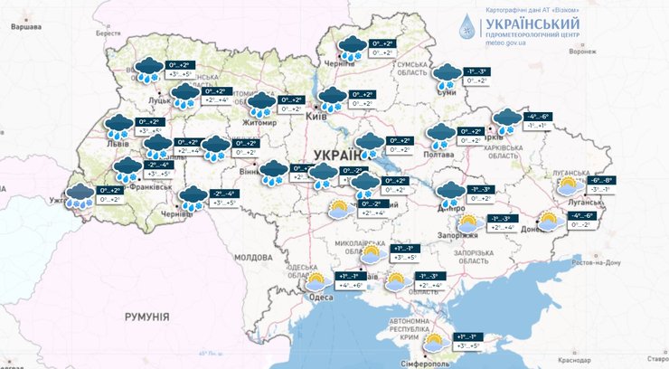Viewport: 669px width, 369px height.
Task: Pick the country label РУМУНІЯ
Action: [x=148, y=317]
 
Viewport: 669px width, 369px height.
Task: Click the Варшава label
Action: [x=24, y=27]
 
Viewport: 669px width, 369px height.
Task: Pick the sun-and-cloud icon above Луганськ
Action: [x=569, y=186]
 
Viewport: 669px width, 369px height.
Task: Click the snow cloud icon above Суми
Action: [x=447, y=76]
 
